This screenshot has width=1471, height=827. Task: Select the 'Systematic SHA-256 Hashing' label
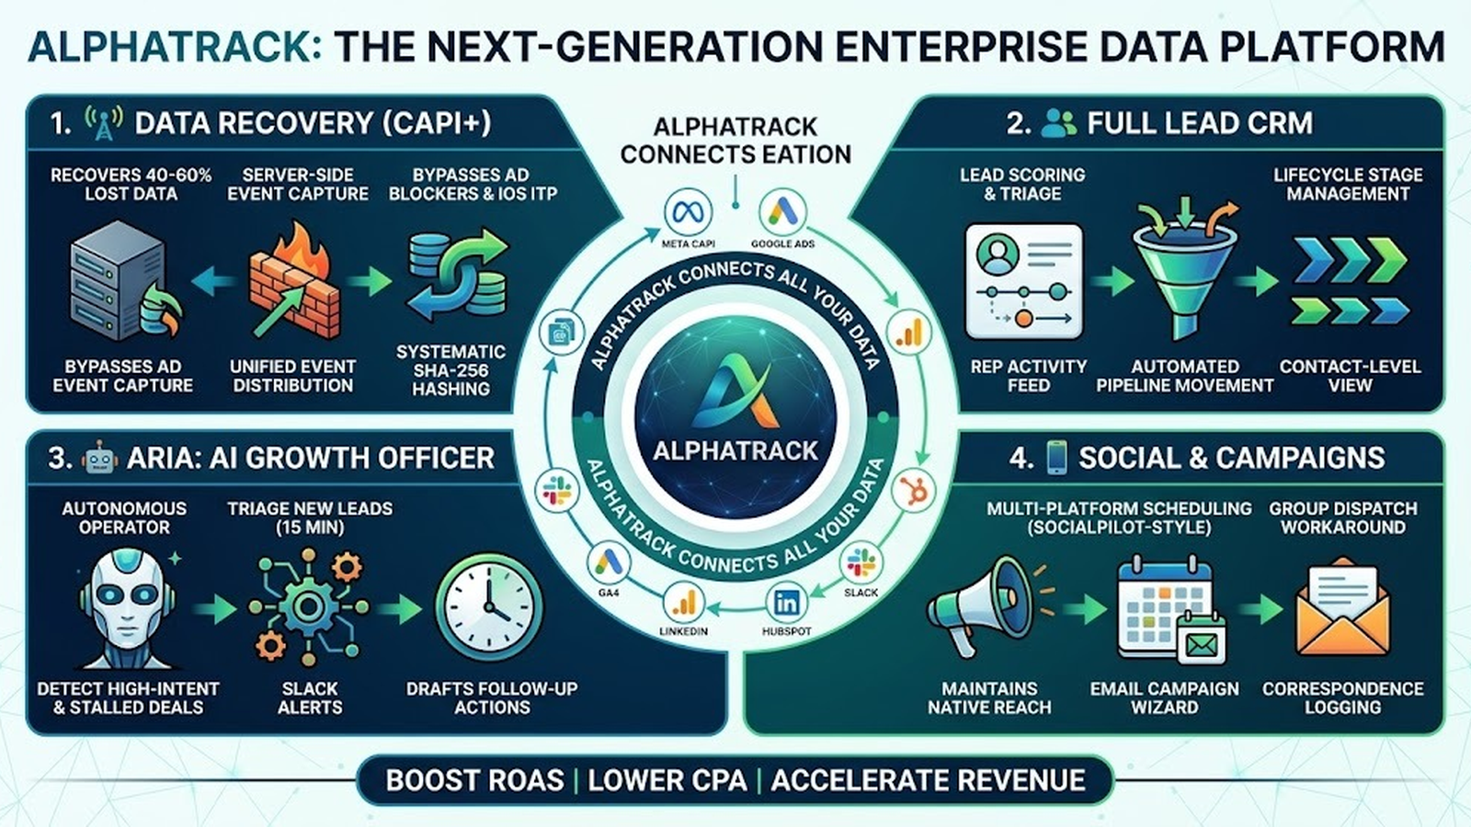tap(450, 370)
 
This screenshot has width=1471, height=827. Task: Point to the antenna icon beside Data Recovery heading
tap(103, 123)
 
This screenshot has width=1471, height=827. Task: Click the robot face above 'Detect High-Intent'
tap(125, 606)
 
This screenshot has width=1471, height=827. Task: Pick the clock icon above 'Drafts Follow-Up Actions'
tap(487, 606)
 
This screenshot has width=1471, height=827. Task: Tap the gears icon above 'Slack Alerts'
tap(308, 606)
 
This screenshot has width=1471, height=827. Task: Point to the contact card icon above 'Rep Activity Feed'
tap(1023, 280)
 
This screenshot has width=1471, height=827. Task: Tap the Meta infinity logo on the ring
tap(688, 214)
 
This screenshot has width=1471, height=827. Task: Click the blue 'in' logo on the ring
tap(787, 603)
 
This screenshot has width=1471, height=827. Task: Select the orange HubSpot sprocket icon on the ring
tap(914, 489)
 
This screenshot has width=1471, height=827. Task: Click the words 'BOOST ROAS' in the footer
tap(474, 781)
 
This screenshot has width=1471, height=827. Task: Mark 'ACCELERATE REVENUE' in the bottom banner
tap(928, 781)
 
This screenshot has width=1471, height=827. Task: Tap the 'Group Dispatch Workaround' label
tap(1342, 517)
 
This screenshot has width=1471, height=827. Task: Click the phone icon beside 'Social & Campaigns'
tap(1056, 457)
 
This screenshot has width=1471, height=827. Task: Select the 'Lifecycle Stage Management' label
tap(1348, 184)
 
